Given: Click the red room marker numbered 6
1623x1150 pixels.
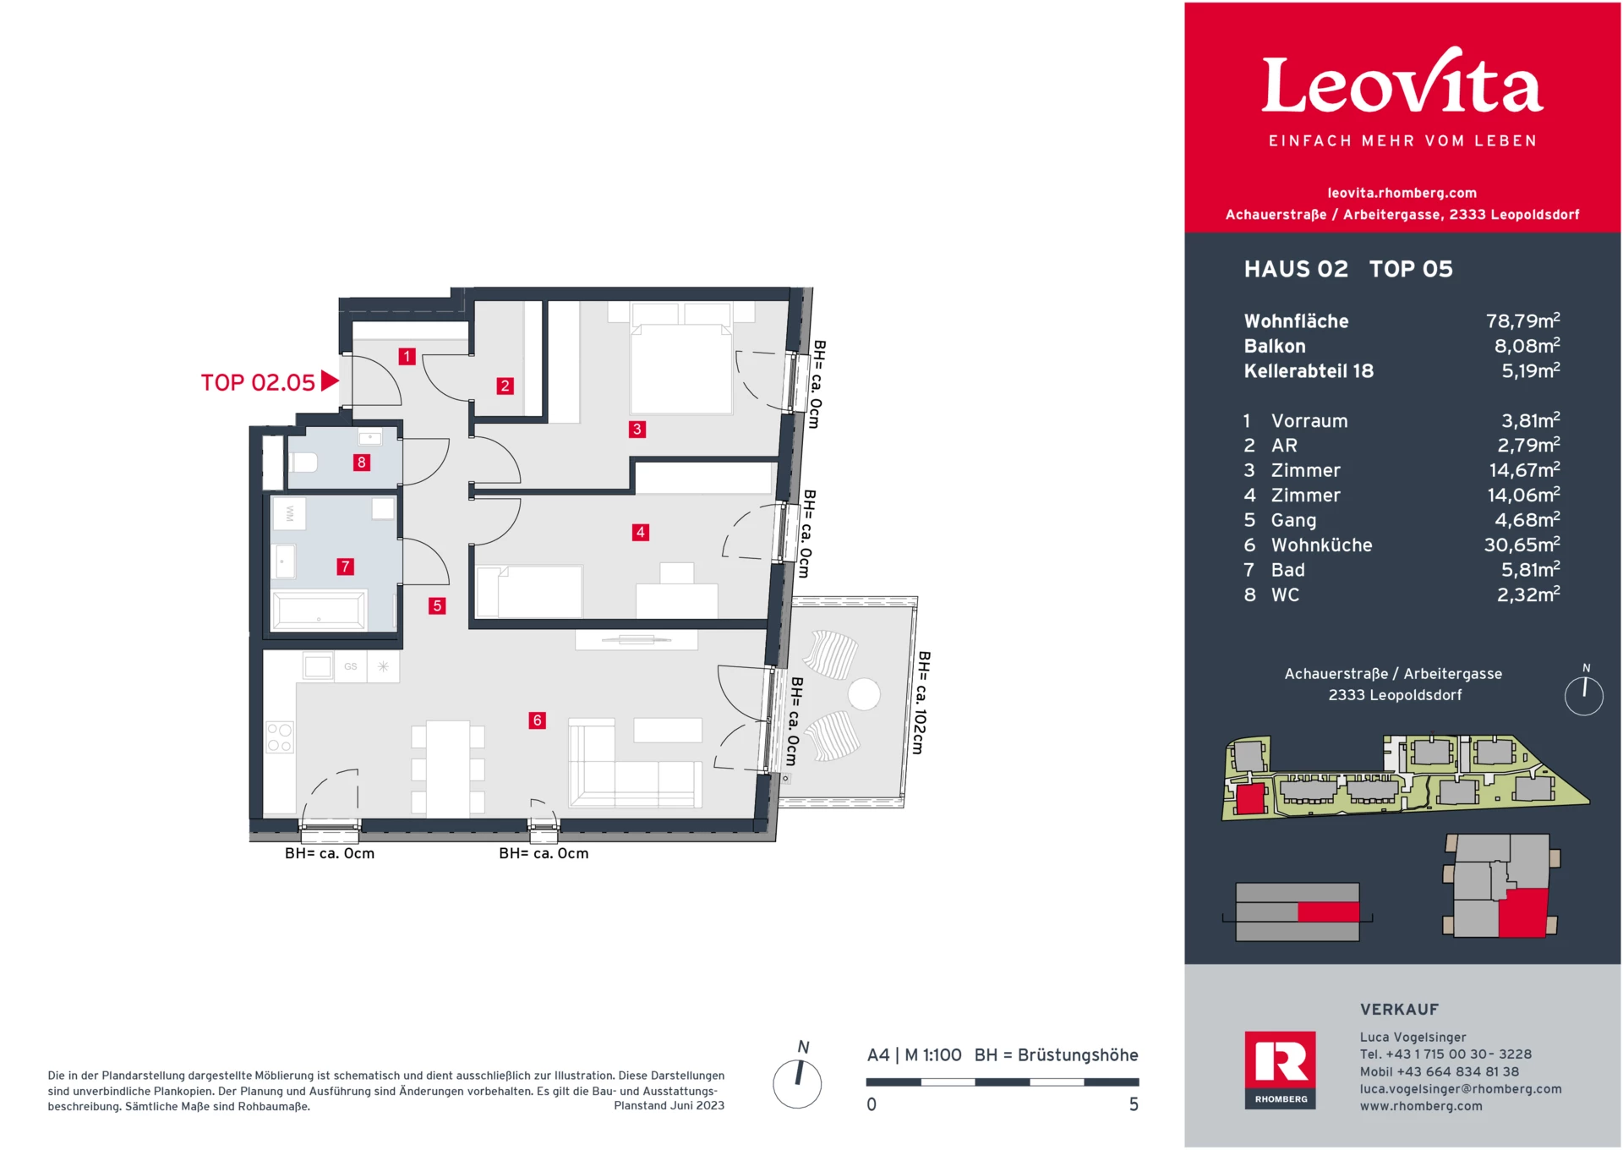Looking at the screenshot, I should [x=537, y=720].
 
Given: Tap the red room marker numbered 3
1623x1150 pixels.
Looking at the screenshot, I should [x=637, y=429].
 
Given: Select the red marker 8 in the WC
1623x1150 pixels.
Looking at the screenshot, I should [x=362, y=463].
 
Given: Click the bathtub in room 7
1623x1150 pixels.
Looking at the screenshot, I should [x=319, y=609].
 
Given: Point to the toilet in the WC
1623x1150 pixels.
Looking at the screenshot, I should [x=303, y=463].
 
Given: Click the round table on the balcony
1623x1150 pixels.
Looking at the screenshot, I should [x=864, y=694].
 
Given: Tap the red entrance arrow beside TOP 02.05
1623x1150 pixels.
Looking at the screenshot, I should [x=330, y=381].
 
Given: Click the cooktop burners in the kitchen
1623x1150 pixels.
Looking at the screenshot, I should [x=280, y=737].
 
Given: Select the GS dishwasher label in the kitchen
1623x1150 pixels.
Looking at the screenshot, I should [x=351, y=666].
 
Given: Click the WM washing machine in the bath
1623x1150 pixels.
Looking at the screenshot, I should [x=289, y=513].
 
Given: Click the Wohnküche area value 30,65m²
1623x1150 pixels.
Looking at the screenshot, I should [x=1522, y=545].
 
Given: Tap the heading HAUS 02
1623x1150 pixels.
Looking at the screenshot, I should [x=1296, y=269].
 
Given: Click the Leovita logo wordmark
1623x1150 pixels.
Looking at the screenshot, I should [x=1402, y=85].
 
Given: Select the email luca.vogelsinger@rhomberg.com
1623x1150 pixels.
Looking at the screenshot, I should [x=1460, y=1089].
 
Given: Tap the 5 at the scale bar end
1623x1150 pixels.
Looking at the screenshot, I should [x=1134, y=1104].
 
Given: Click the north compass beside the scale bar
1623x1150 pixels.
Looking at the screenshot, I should [x=797, y=1082].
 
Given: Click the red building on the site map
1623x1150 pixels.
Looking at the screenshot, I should [x=1249, y=799].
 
